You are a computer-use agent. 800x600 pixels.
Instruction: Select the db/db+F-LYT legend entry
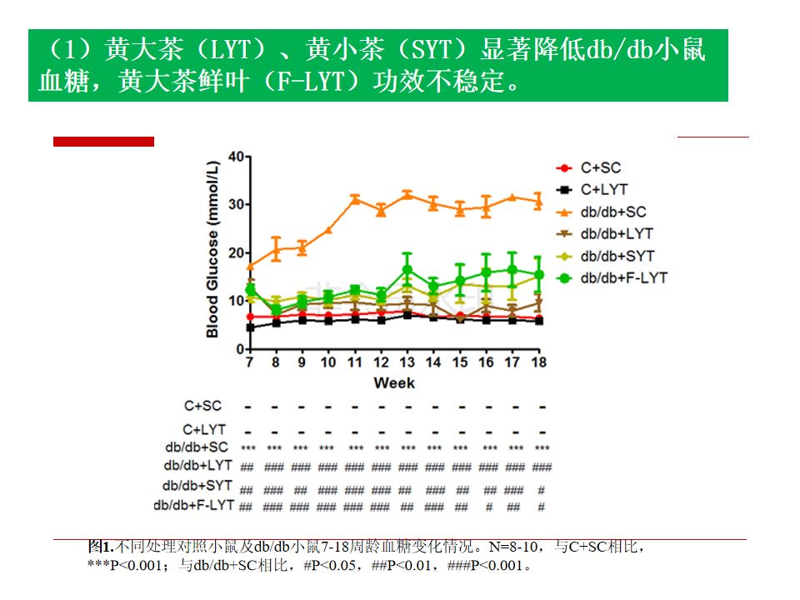click(x=623, y=277)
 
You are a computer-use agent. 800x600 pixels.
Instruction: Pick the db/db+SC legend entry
click(x=612, y=212)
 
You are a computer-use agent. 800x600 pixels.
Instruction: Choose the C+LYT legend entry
click(x=602, y=190)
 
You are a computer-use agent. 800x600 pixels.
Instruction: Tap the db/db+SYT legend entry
click(x=617, y=256)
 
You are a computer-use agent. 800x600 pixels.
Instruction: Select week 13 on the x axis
click(x=407, y=362)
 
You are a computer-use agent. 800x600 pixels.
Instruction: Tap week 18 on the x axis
click(x=540, y=362)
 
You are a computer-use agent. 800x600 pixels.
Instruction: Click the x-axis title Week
click(x=394, y=383)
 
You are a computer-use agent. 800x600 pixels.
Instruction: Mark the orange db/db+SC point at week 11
click(x=355, y=199)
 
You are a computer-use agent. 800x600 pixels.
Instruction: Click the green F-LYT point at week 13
click(x=407, y=270)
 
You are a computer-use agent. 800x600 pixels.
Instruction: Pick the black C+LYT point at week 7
click(x=250, y=327)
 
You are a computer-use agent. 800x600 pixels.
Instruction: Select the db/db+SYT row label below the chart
click(x=198, y=485)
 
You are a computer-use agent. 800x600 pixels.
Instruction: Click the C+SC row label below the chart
click(x=202, y=406)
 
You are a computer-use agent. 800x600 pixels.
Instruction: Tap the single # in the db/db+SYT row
click(x=542, y=489)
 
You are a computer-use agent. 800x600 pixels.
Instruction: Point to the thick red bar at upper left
click(x=103, y=142)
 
